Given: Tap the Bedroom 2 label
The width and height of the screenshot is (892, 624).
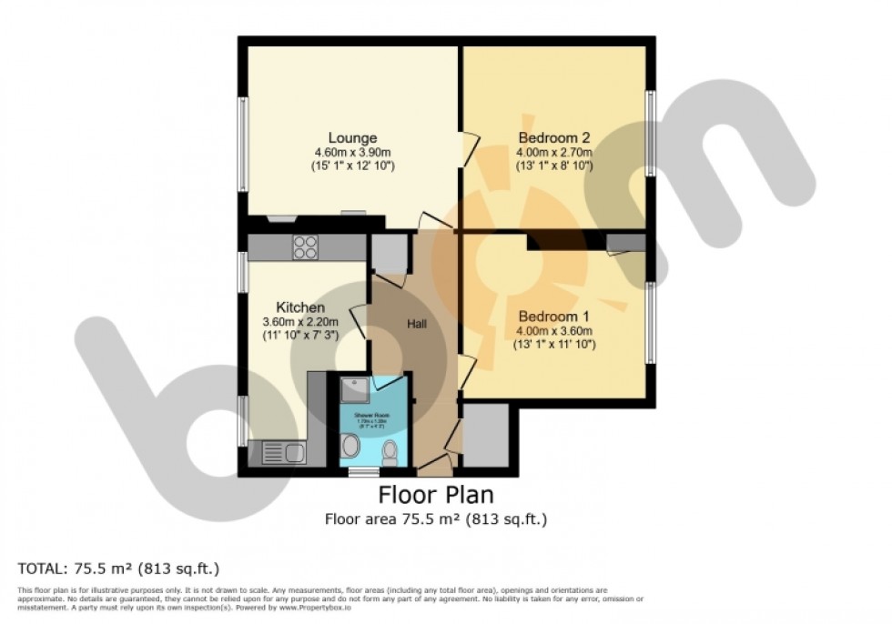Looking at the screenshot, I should pyautogui.click(x=553, y=138).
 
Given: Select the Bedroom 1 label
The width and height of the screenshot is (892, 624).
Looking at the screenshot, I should pyautogui.click(x=553, y=316).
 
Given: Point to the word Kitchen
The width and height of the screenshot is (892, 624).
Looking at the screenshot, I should pyautogui.click(x=299, y=307).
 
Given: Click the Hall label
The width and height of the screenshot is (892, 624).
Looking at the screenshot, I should pyautogui.click(x=418, y=323).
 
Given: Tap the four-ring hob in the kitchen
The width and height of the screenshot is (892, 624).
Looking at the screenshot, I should pyautogui.click(x=305, y=247).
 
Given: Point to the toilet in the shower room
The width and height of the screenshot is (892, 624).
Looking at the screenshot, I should pyautogui.click(x=390, y=450).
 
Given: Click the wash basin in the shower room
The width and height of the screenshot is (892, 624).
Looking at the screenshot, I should pyautogui.click(x=351, y=447).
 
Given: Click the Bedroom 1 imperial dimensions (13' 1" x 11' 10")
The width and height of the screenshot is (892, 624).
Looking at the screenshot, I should pyautogui.click(x=553, y=344).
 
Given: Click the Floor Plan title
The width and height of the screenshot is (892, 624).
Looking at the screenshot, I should pyautogui.click(x=436, y=496).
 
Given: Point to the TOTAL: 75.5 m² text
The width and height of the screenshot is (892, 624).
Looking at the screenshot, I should pyautogui.click(x=119, y=569).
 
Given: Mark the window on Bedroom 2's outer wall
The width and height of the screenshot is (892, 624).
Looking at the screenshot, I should pyautogui.click(x=652, y=133).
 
